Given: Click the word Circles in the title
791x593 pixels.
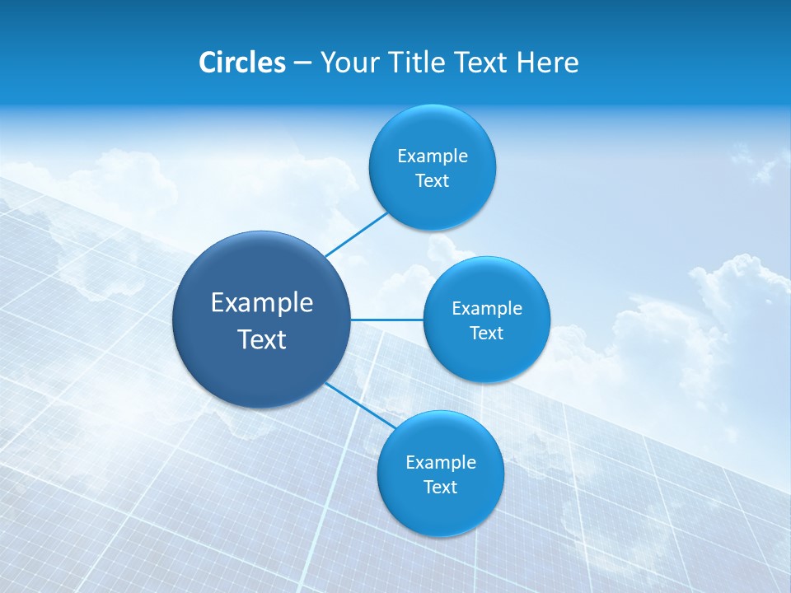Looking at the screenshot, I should (x=242, y=63).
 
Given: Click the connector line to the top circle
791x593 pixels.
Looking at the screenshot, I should (x=357, y=234).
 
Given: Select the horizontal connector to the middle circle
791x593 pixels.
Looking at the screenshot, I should (x=386, y=320).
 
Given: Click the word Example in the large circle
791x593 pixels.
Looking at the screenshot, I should (x=262, y=303).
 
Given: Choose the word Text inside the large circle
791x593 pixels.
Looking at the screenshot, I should (x=262, y=339).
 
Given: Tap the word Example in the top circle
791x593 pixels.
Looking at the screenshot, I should (x=432, y=156).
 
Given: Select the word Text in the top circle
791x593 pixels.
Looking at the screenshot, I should (x=432, y=181).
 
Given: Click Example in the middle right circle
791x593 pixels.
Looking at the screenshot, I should (x=486, y=309).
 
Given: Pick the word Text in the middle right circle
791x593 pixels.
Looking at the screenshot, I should (x=486, y=334).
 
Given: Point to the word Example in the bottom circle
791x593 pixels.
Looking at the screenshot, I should (x=440, y=463).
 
